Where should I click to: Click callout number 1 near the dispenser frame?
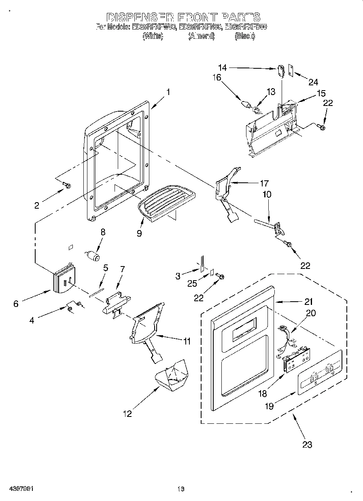[168, 92]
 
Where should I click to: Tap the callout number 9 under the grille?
[139, 233]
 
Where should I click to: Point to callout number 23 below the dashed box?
[307, 444]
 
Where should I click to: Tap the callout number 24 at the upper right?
[313, 82]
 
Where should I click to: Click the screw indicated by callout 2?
[67, 186]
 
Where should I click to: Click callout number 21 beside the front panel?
[309, 301]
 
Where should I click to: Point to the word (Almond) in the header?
[201, 36]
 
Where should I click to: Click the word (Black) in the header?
[245, 36]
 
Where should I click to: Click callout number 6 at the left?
[16, 303]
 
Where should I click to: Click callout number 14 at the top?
[223, 68]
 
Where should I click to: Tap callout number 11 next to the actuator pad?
[186, 341]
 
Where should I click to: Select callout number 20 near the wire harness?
[311, 313]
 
